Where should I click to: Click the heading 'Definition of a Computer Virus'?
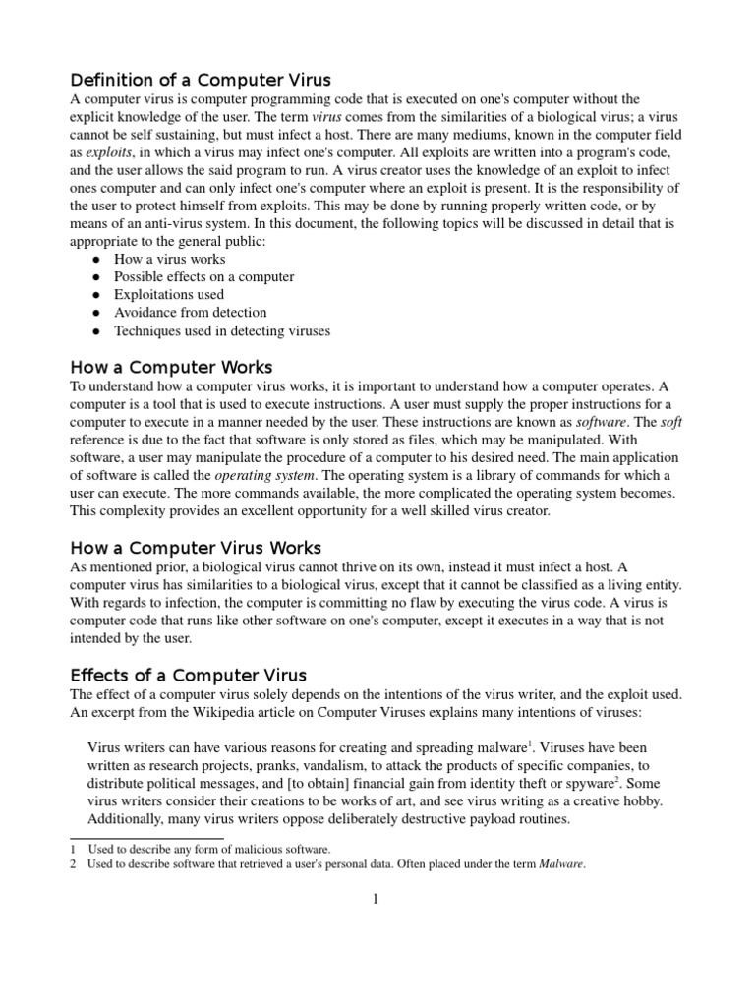(x=200, y=79)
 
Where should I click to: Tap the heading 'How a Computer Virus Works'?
(x=196, y=547)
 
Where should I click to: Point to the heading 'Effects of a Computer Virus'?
(x=189, y=675)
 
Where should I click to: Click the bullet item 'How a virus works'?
(x=169, y=259)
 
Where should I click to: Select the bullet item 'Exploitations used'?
(x=168, y=294)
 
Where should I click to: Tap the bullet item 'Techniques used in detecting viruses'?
(x=222, y=330)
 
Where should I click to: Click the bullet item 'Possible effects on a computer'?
(x=204, y=276)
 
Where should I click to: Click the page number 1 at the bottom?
(x=376, y=897)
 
